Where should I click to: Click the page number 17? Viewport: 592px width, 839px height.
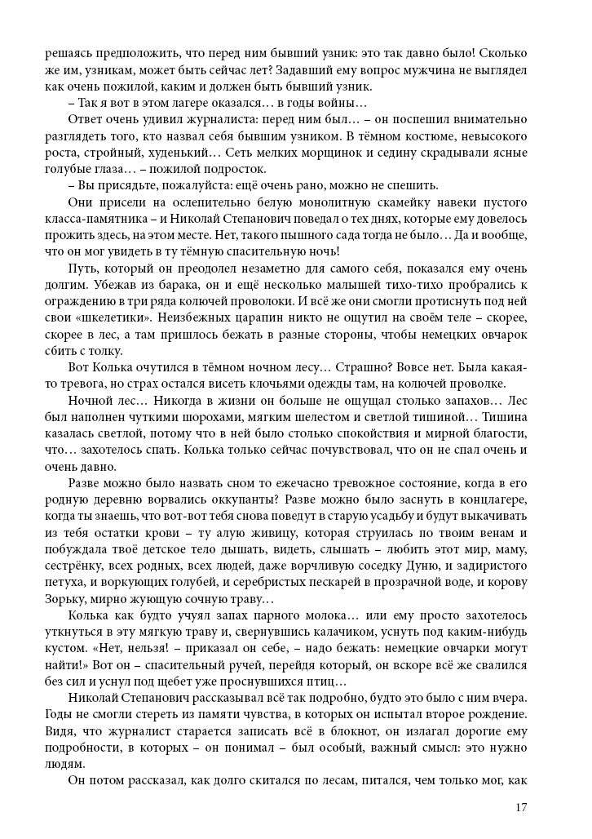tap(522, 807)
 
